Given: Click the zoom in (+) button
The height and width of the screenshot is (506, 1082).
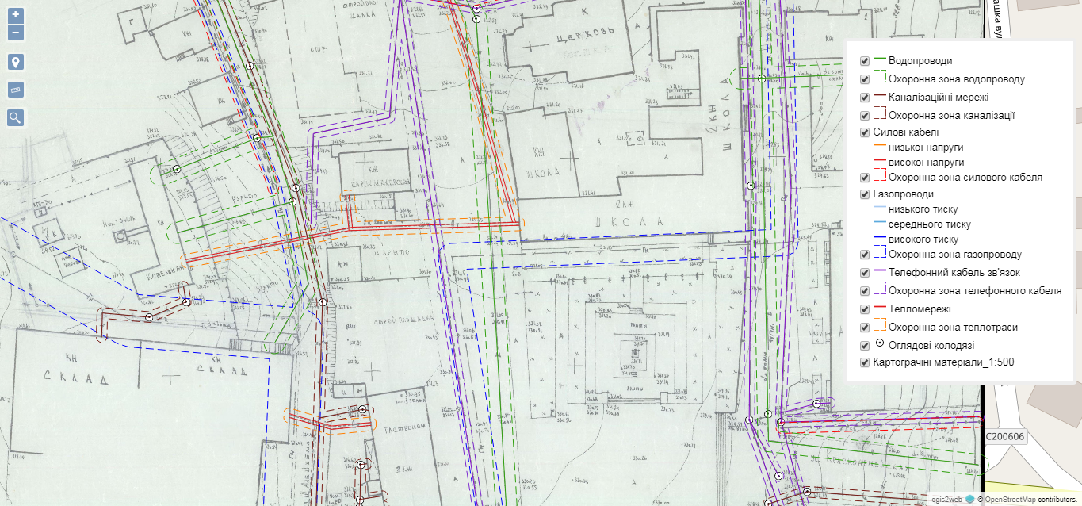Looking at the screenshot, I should (16, 15).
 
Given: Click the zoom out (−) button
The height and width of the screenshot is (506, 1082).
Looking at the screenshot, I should (16, 33).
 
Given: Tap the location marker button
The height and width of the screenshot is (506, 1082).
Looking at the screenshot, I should (16, 63).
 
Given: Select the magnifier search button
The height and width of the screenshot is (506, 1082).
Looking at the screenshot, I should (16, 118).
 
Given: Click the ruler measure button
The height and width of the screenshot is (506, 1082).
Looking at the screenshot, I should (16, 90).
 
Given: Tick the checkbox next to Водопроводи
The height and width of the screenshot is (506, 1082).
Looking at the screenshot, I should (865, 61).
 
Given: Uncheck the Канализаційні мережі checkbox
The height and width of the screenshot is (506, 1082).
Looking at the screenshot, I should (865, 98).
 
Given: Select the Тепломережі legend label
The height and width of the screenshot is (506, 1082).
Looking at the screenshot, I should (920, 309).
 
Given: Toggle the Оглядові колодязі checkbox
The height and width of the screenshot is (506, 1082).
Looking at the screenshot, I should (865, 346).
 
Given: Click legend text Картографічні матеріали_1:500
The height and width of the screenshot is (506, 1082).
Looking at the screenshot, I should (943, 362).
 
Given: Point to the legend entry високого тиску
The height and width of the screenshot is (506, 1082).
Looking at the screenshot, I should (923, 239).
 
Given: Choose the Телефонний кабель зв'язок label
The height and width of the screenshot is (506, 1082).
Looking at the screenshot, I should (956, 272).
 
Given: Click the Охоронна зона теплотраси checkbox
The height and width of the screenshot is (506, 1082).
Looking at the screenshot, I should (865, 327).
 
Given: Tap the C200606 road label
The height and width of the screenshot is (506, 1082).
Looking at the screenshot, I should (1005, 437).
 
